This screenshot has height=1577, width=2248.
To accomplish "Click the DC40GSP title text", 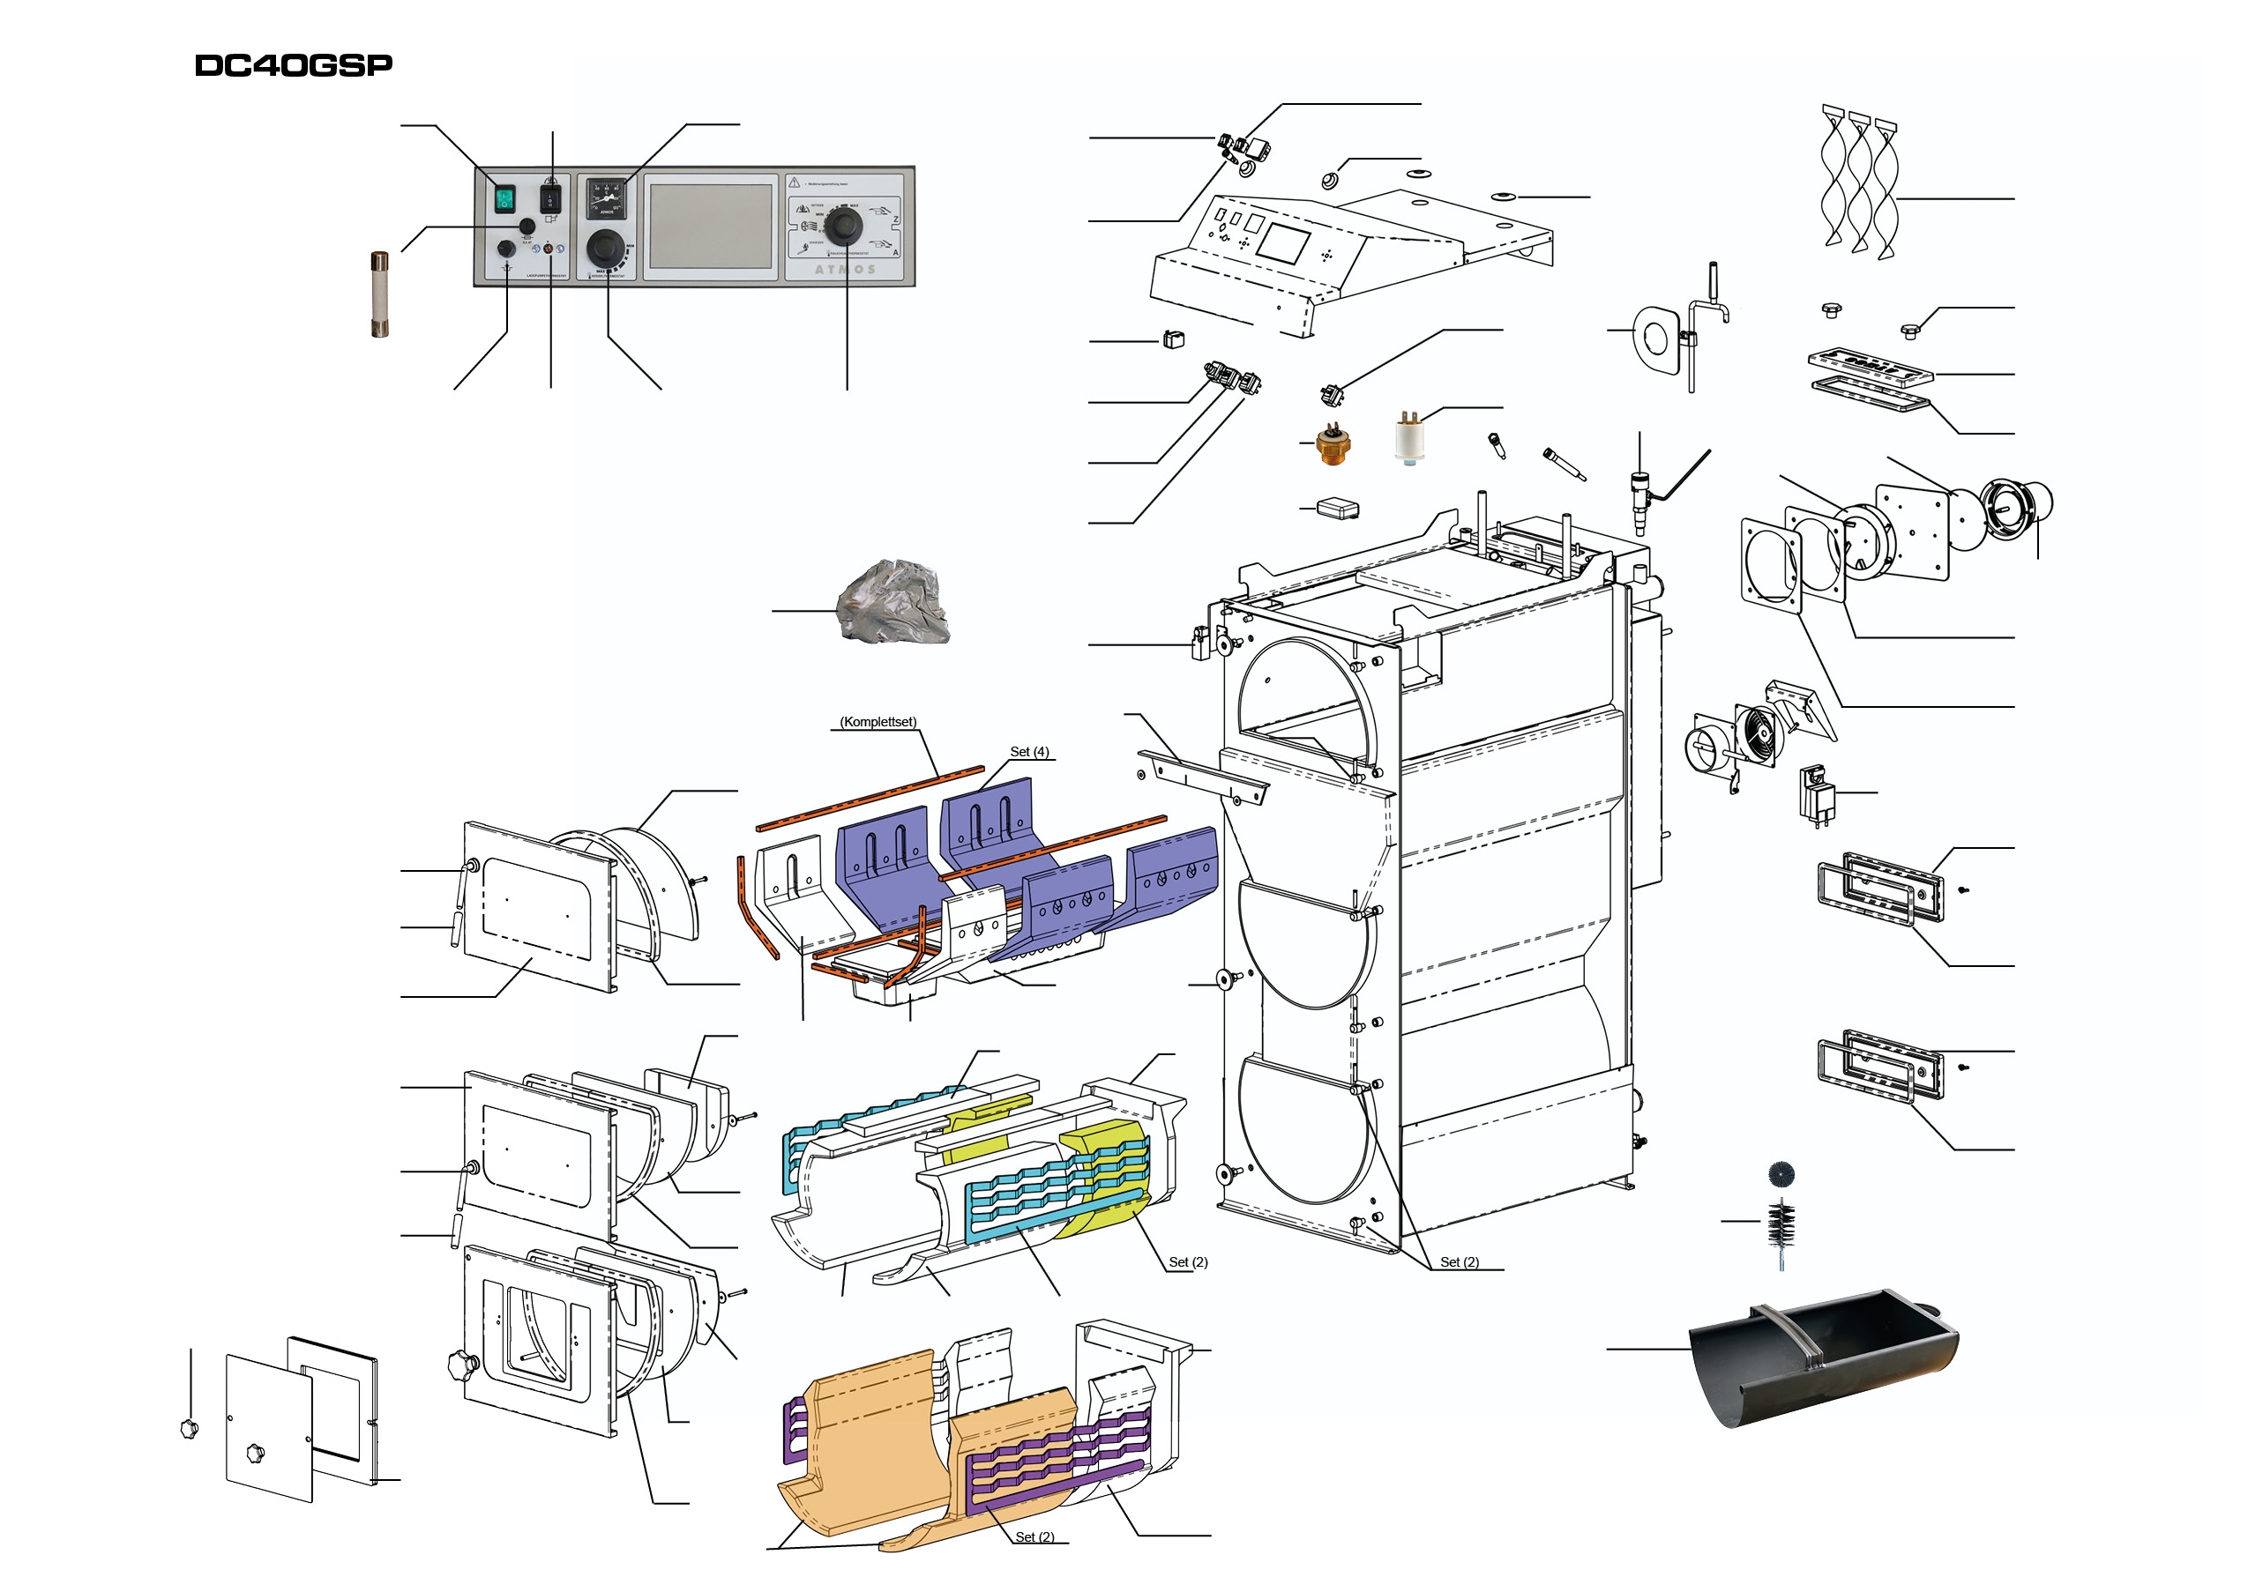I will [x=294, y=65].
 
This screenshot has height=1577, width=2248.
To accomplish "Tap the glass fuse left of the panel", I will [x=380, y=294].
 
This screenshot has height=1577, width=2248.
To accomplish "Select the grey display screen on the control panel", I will [x=711, y=227].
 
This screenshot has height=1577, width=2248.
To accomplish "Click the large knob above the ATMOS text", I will [x=842, y=227].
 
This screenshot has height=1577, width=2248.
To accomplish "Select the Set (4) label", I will [x=1029, y=752].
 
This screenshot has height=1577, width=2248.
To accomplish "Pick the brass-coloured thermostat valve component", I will [x=1333, y=444].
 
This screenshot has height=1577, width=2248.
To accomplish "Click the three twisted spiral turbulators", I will [x=1858, y=186].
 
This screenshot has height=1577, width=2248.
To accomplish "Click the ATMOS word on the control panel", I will [x=845, y=269].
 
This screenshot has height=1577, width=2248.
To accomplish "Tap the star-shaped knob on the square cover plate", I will [x=256, y=1453].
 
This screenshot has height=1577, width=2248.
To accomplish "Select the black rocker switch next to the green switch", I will [x=550, y=200].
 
